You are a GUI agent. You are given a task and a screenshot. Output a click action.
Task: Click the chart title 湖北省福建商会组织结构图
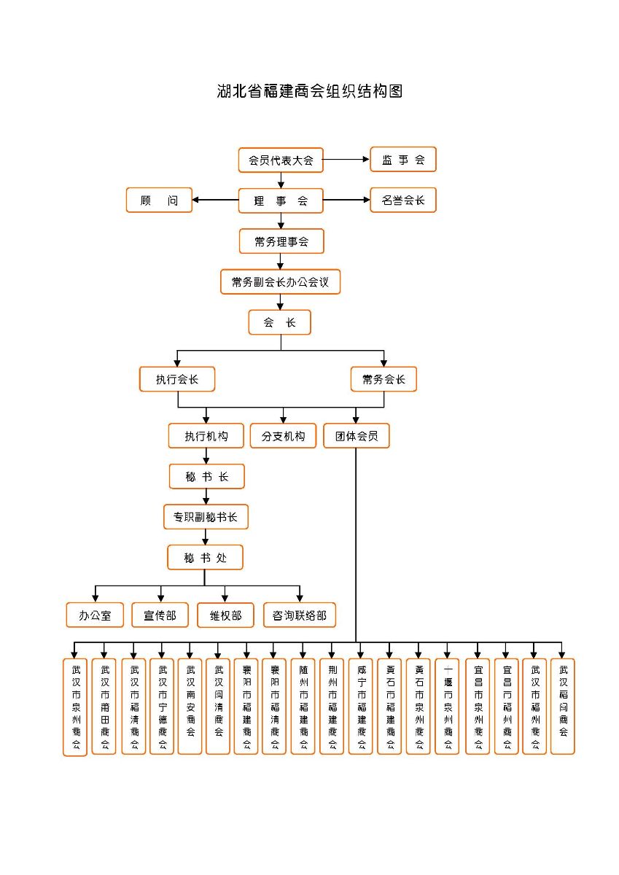click(x=310, y=91)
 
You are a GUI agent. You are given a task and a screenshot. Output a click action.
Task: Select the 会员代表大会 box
click(x=281, y=160)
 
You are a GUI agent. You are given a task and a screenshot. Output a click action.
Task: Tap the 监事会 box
click(x=402, y=160)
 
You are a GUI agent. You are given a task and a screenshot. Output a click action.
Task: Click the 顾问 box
click(x=159, y=201)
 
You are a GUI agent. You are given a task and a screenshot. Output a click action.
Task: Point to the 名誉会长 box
click(x=402, y=201)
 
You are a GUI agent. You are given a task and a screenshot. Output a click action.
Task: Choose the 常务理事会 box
click(x=281, y=241)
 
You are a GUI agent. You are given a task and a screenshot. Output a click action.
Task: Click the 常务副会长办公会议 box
click(x=281, y=281)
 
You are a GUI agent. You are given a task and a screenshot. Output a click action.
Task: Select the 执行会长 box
click(x=177, y=379)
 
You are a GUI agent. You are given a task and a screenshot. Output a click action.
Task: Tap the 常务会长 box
click(x=384, y=379)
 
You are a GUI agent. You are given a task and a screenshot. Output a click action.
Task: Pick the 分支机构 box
click(x=283, y=436)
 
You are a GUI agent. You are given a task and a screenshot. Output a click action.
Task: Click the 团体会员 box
click(x=357, y=436)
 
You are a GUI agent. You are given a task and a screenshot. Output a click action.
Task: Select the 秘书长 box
click(x=207, y=477)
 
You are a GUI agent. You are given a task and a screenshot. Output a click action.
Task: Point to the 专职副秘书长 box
click(x=206, y=517)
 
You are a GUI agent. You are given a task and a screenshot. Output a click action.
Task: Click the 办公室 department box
click(x=96, y=615)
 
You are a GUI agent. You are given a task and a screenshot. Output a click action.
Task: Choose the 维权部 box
click(x=225, y=615)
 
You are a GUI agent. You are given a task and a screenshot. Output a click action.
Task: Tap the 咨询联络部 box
click(x=300, y=615)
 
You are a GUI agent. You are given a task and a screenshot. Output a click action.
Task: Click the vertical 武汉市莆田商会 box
click(x=104, y=706)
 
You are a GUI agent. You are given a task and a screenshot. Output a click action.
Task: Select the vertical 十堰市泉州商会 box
click(x=448, y=706)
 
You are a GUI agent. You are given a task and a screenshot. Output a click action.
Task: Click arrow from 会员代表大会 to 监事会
click(x=346, y=160)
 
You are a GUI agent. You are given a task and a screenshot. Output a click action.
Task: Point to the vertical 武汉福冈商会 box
click(x=562, y=706)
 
